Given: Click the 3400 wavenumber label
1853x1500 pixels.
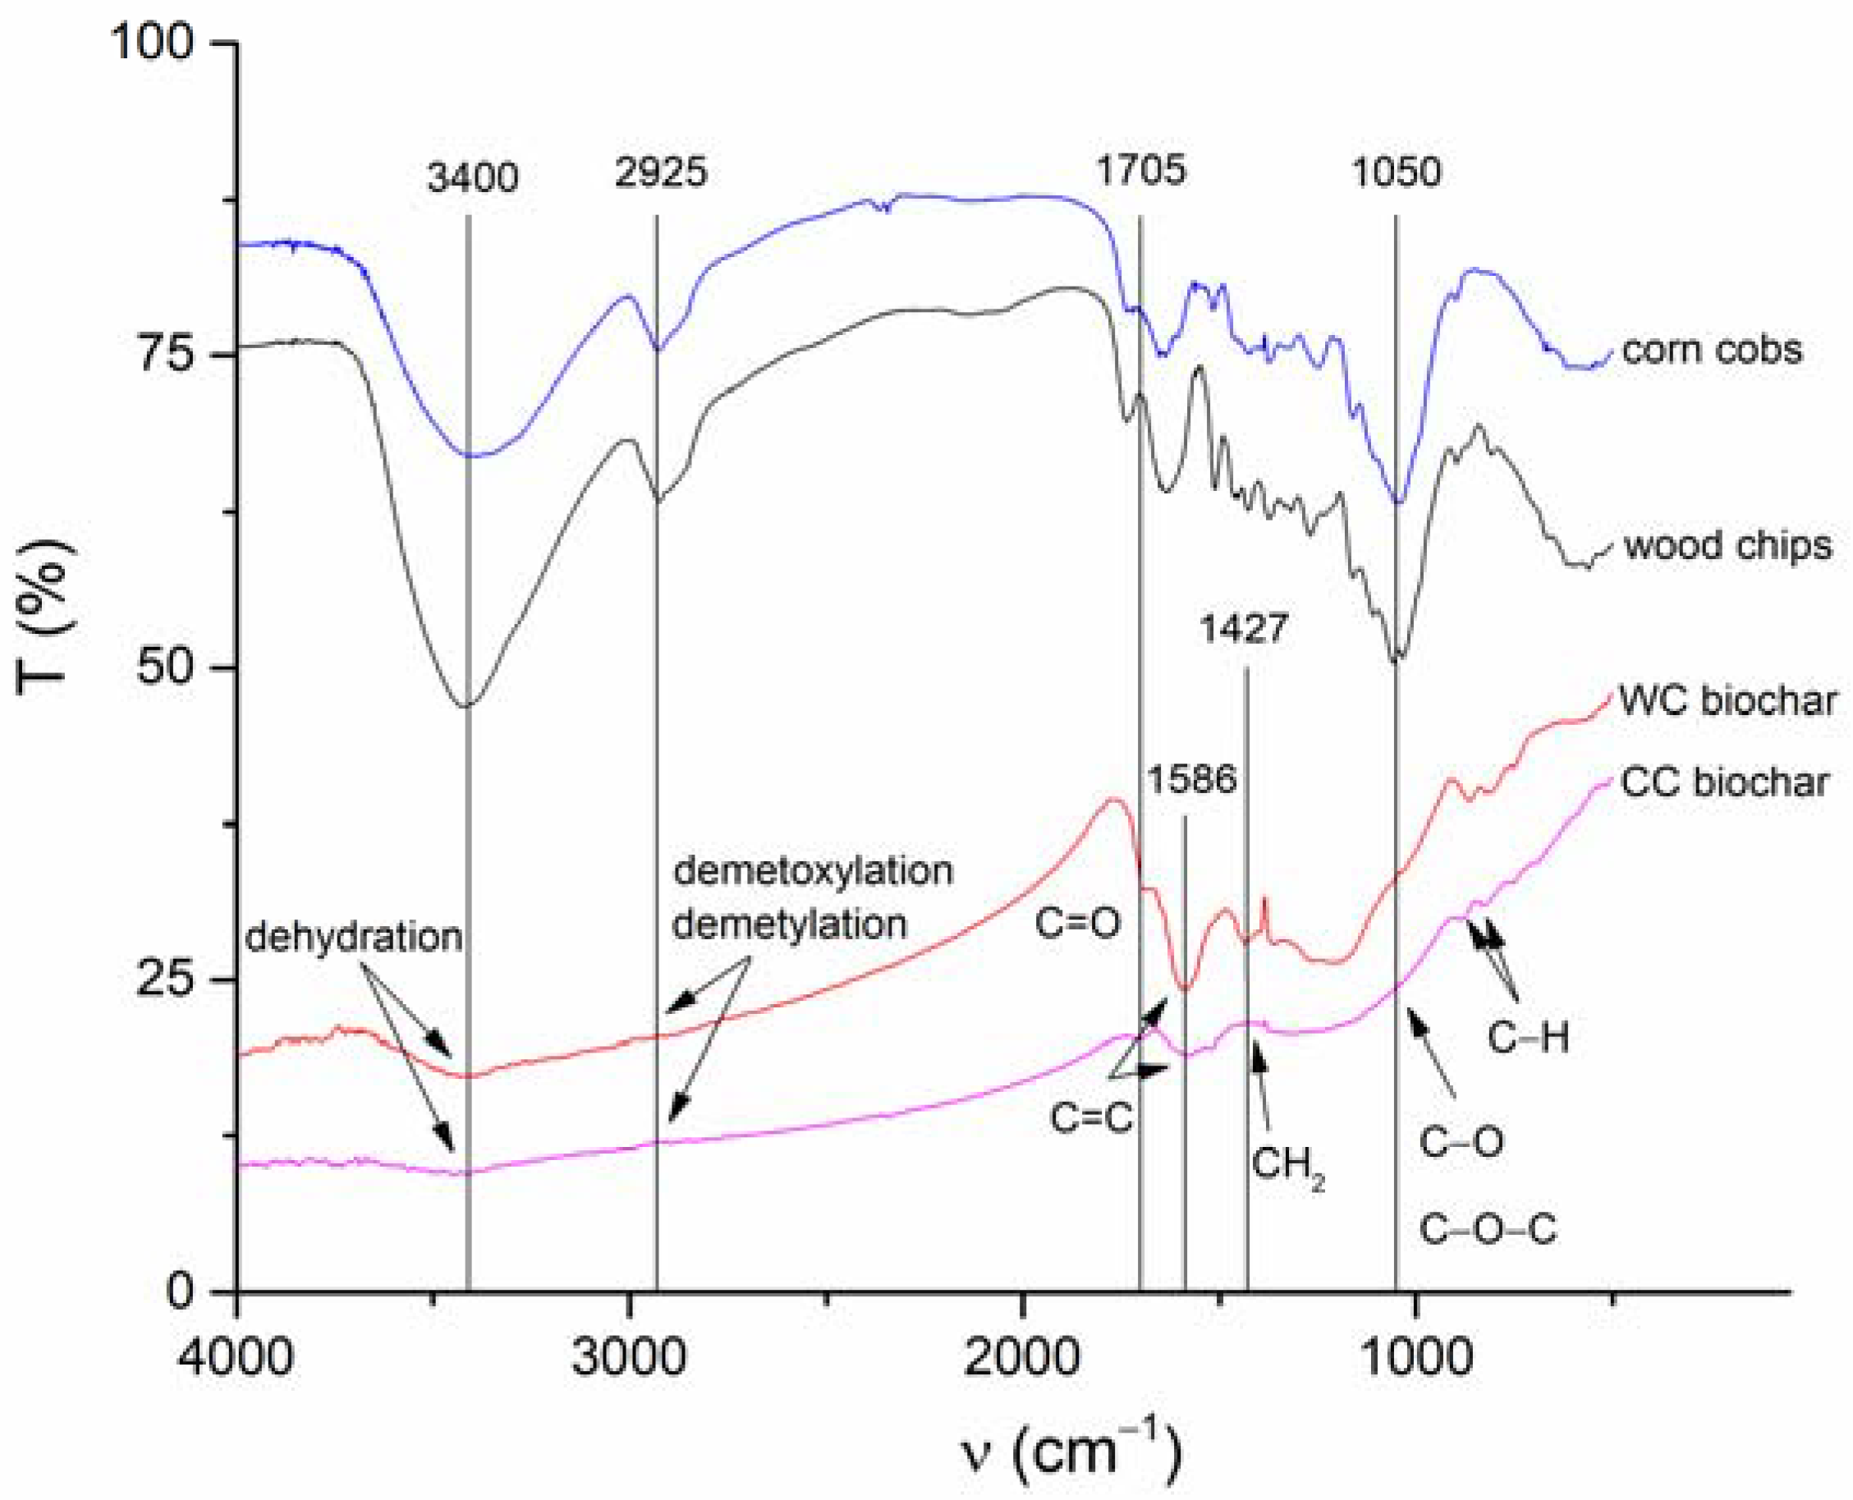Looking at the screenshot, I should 472,178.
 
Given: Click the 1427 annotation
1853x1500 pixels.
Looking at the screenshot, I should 1243,628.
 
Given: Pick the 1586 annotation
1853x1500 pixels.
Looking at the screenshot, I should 1191,779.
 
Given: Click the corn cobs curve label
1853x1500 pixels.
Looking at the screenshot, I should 1711,350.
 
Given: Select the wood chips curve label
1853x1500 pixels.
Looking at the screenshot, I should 1727,546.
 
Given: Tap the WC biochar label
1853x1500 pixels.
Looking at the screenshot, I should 1727,700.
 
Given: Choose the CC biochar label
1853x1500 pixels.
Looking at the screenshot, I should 1724,782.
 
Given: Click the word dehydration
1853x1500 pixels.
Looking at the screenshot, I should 354,937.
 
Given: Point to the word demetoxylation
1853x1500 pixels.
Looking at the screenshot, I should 813,870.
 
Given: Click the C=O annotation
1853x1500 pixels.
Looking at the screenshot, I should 1077,924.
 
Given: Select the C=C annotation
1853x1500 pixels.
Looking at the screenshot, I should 1091,1117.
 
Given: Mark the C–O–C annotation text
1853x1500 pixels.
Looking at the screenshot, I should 1488,1230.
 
